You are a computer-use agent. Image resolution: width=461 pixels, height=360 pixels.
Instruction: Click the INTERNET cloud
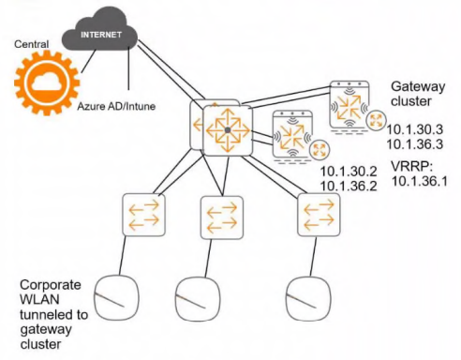(100, 30)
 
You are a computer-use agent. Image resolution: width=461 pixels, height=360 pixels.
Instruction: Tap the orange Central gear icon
(47, 82)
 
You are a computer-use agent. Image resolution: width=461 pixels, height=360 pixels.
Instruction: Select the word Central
(31, 44)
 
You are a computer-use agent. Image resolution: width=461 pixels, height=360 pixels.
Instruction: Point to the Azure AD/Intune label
(116, 106)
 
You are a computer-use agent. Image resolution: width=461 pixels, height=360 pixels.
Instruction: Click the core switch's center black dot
(228, 129)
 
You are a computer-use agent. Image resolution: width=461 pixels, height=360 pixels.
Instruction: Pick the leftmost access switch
(143, 215)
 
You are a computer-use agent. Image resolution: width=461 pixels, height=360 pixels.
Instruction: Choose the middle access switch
(222, 217)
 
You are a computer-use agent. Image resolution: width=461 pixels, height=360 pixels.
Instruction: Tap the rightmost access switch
(319, 215)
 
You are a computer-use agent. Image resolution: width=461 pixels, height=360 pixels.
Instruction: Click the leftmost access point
(116, 297)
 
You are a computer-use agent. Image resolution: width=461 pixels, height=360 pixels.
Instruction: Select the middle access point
(198, 299)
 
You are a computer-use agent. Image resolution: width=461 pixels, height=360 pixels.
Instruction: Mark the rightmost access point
(308, 298)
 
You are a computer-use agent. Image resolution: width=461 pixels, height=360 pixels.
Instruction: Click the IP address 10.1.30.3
(415, 129)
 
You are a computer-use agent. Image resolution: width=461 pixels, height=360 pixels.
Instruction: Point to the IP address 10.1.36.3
(415, 144)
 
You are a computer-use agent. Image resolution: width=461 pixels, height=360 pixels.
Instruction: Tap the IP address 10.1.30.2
(349, 172)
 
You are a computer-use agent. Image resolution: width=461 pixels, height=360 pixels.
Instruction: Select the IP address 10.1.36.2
(349, 187)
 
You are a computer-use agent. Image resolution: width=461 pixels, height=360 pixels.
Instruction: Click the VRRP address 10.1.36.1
(419, 181)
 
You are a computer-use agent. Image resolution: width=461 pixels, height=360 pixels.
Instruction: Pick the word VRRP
(410, 167)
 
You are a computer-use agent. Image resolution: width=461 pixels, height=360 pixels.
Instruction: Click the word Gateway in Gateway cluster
(418, 87)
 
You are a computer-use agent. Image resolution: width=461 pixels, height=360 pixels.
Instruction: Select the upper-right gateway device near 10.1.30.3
(349, 105)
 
